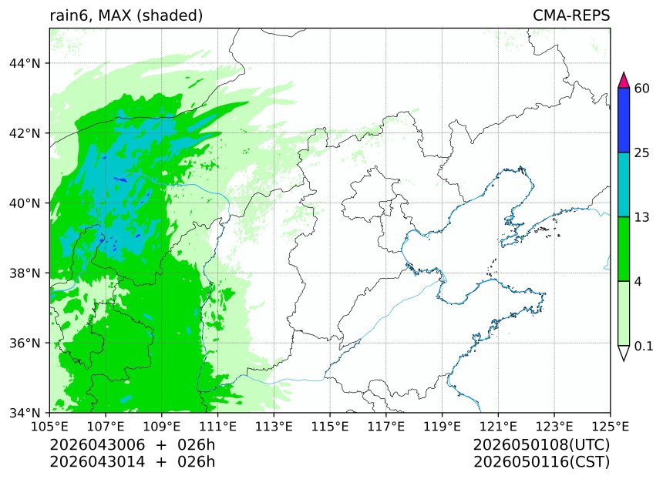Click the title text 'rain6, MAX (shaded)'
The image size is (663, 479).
(x=126, y=15)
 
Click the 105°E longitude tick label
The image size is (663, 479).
(x=49, y=426)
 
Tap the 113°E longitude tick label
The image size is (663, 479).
(x=274, y=426)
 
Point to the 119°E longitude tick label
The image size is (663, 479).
(x=442, y=426)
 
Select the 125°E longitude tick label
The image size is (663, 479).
(x=610, y=426)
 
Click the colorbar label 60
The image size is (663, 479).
(x=641, y=88)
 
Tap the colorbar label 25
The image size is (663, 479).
(x=641, y=152)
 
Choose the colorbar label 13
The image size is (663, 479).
(x=641, y=217)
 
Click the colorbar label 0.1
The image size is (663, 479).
(x=644, y=347)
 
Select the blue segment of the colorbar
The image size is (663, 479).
(x=624, y=120)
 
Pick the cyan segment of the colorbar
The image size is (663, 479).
(x=624, y=185)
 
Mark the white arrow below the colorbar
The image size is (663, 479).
(x=624, y=352)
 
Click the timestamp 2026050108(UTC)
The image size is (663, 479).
(x=541, y=446)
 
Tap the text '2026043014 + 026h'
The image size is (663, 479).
(x=132, y=462)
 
